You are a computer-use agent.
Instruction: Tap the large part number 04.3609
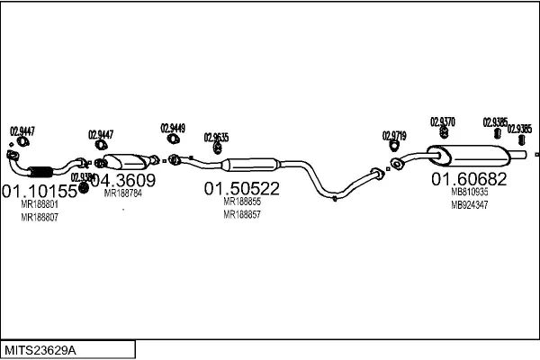point(122,180)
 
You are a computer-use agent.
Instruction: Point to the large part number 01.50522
point(241,189)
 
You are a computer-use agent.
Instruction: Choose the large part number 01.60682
point(468,179)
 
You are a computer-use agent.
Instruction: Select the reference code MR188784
point(123,193)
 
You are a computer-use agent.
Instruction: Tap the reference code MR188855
point(241,202)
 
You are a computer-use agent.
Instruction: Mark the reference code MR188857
point(241,215)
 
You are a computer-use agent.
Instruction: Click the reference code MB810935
point(469,192)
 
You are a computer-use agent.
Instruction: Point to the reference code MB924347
point(469,205)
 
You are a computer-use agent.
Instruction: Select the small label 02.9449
point(173,128)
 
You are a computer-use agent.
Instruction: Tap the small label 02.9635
point(216,137)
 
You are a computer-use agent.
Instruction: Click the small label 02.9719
point(394,136)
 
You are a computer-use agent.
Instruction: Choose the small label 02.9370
point(442,121)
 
